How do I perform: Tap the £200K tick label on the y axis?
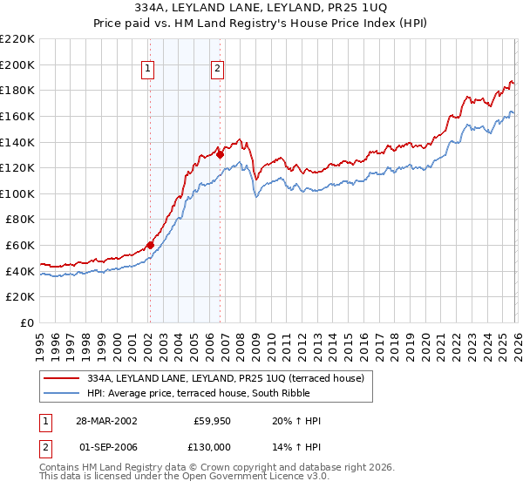click(x=17, y=64)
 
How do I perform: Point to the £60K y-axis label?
click(x=20, y=246)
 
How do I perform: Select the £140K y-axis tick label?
click(x=17, y=142)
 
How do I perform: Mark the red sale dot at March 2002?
click(x=150, y=245)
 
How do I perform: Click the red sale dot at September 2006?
click(x=220, y=154)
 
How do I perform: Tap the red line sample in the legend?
click(x=62, y=377)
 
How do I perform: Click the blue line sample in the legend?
click(x=62, y=392)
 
